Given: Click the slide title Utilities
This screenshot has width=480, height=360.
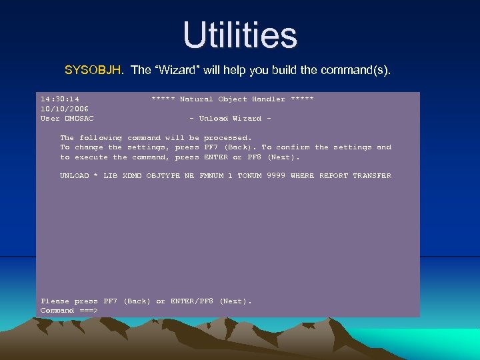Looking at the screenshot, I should (240, 35).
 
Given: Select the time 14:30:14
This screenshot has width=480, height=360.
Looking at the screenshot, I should (60, 99).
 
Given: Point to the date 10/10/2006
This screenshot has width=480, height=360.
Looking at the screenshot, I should (65, 109).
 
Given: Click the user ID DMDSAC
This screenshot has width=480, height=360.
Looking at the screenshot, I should (79, 119).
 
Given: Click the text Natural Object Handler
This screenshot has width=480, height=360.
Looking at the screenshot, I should (233, 99).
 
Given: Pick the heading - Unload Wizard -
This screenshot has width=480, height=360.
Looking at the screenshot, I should (231, 119).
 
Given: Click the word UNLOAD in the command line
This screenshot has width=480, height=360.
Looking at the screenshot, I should (74, 176).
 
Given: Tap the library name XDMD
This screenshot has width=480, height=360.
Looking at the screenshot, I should (132, 176).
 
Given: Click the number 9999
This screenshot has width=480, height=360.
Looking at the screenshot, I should (275, 176).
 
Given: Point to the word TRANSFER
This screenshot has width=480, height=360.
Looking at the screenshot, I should (372, 176).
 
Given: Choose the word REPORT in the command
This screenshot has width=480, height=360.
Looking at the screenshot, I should (333, 176).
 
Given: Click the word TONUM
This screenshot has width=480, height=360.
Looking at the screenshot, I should (249, 176).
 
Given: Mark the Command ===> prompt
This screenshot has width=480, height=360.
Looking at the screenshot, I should (69, 311).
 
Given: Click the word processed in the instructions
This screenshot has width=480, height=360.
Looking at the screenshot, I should (227, 138).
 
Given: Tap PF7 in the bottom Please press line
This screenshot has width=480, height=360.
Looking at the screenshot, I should (110, 301).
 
